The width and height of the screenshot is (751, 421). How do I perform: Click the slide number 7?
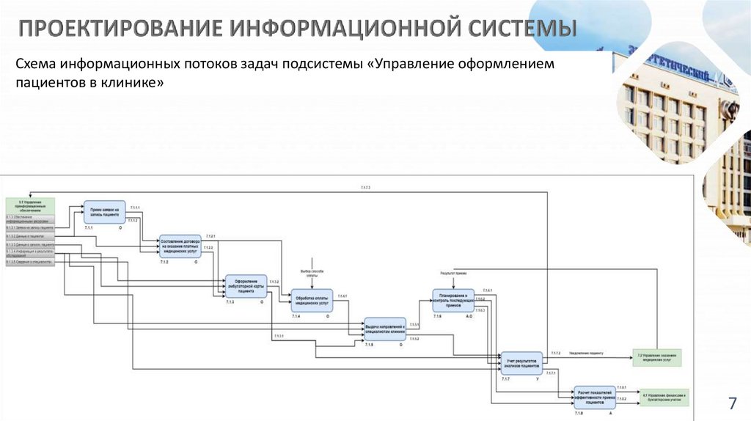(x=731, y=403)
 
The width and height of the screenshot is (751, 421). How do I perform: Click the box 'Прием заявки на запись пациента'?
(x=106, y=213)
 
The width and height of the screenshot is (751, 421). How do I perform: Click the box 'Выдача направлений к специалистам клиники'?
(x=385, y=329)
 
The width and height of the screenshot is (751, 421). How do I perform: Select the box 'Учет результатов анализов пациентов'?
(x=521, y=362)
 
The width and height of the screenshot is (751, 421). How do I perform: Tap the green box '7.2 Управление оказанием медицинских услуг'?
(x=657, y=358)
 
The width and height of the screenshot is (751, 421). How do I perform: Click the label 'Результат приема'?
(x=453, y=273)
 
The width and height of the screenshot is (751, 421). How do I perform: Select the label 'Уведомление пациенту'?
(x=586, y=354)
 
